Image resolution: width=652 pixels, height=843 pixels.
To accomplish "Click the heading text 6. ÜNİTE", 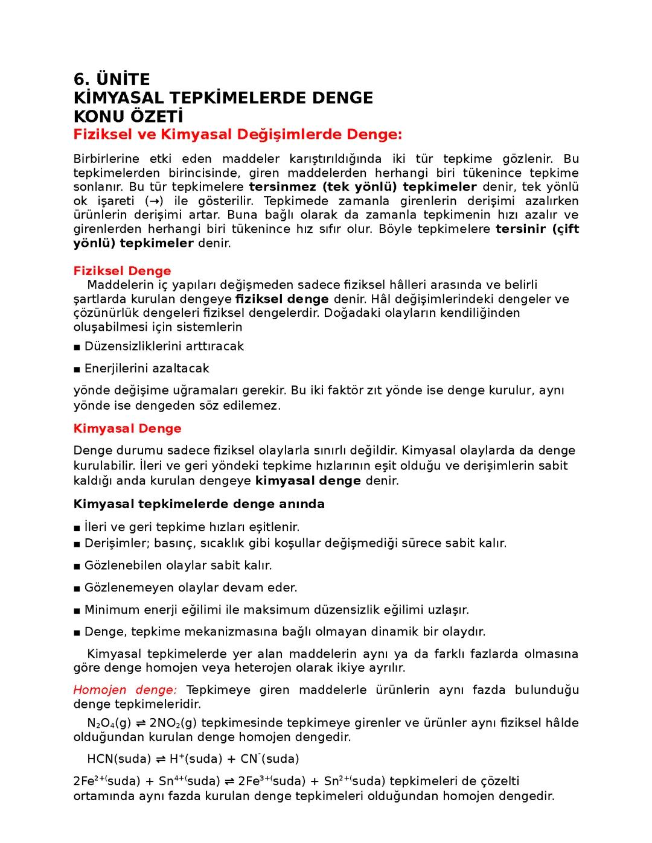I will tap(112, 80).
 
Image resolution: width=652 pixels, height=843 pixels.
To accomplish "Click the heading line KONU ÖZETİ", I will tap(128, 116).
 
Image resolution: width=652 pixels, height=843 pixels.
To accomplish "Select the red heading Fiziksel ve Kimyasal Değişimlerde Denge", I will tap(238, 134).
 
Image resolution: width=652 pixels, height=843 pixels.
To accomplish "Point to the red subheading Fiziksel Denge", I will tap(122, 271).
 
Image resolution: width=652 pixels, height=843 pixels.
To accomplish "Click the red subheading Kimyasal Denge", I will tap(127, 428).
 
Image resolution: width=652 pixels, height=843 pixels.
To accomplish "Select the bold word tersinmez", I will tap(283, 187).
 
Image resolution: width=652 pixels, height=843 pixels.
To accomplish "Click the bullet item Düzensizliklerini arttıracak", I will tap(164, 346).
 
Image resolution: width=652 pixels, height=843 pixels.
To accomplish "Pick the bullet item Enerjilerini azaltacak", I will tap(147, 368).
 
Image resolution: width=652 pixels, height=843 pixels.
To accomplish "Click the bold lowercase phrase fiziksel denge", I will tap(282, 299).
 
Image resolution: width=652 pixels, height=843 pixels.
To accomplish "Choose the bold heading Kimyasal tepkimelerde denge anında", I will tap(199, 504).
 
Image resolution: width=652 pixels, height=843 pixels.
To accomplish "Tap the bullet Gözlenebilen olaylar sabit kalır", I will tap(178, 565).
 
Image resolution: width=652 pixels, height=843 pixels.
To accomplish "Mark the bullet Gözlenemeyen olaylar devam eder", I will tap(191, 588).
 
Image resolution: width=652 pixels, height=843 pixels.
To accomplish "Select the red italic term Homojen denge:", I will tap(125, 690).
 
